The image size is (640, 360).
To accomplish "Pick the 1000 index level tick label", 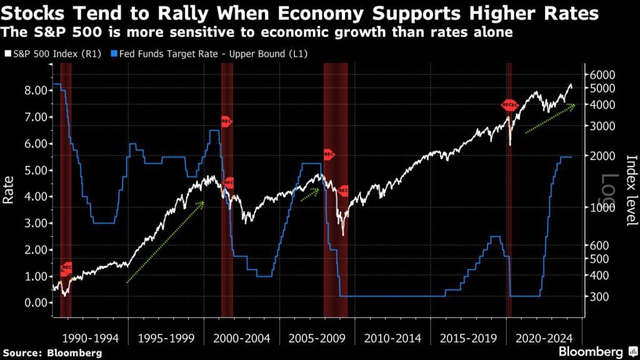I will [x=603, y=207].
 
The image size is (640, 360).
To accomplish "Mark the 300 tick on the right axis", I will [x=600, y=296].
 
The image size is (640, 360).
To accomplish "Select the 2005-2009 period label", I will [x=317, y=338].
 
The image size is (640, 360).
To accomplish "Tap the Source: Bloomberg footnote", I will [x=51, y=352].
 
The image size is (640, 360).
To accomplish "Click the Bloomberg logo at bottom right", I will [x=591, y=351].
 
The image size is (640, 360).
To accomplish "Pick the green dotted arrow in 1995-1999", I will [x=166, y=242].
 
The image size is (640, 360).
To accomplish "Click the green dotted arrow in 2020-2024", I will [x=550, y=119].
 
